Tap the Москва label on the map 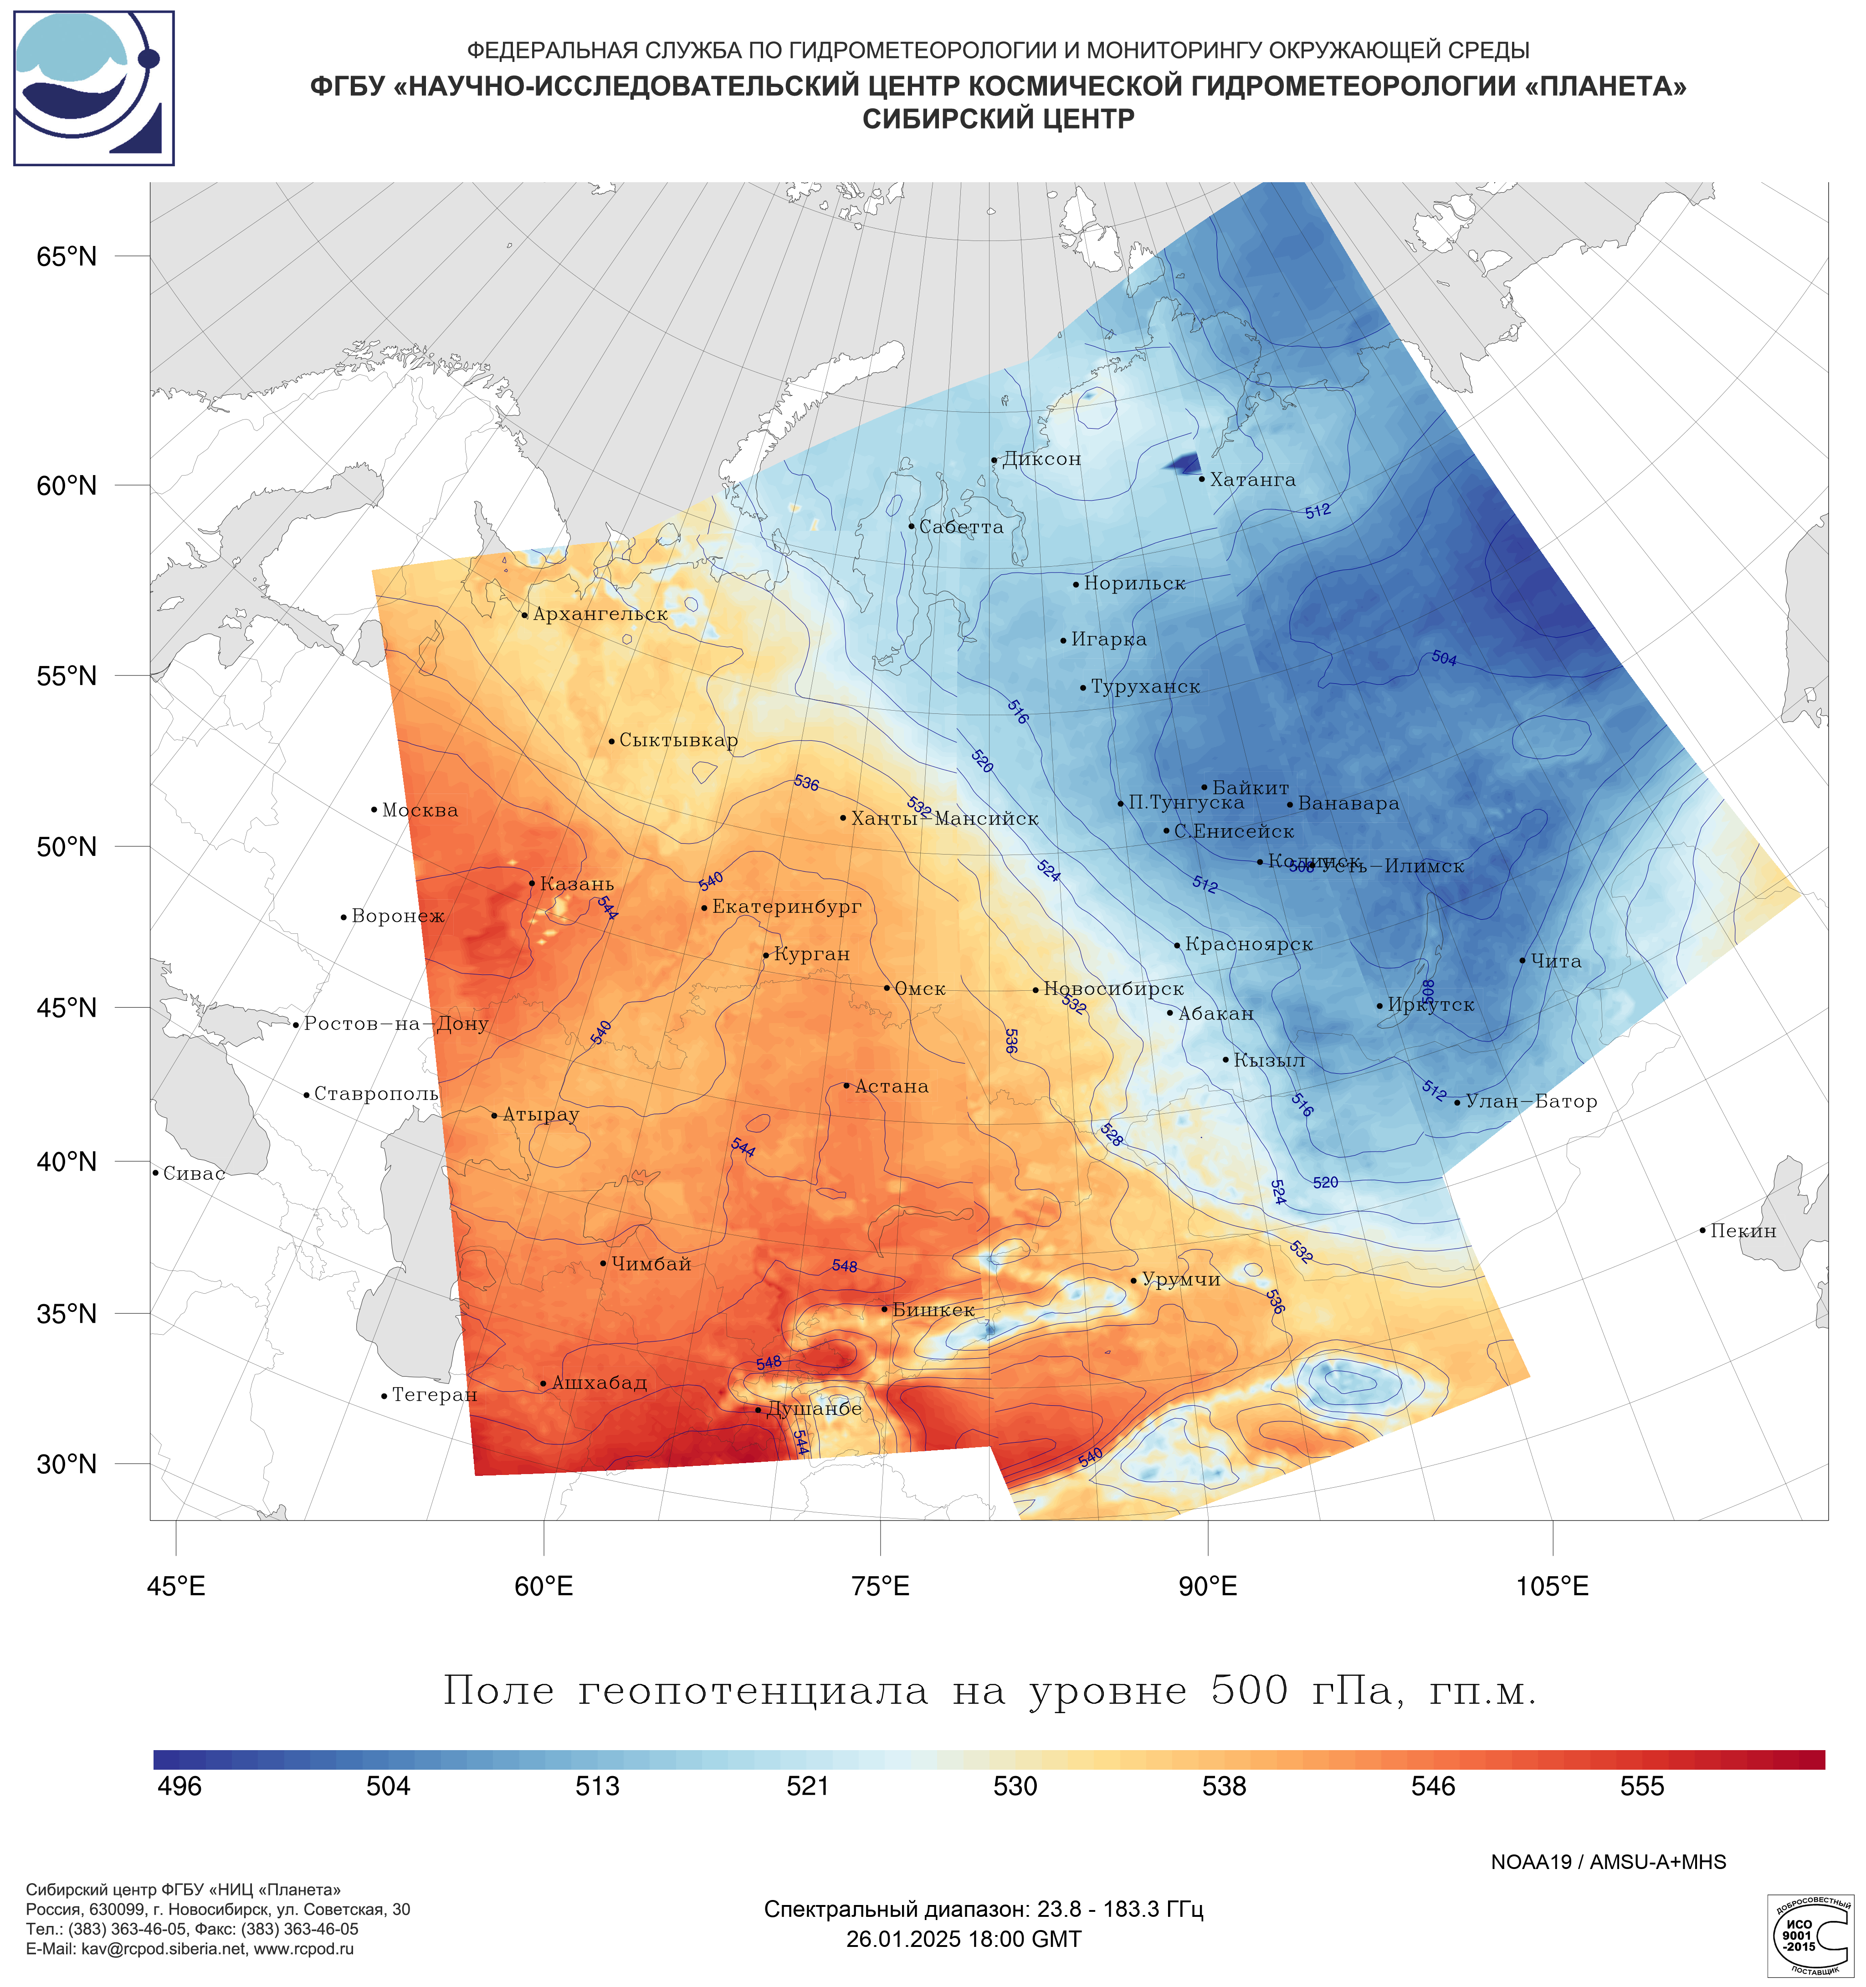tap(420, 810)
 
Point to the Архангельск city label tap(600, 615)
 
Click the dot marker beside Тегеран tap(384, 1396)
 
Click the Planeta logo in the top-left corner tap(94, 88)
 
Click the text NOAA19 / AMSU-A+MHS tap(1608, 1862)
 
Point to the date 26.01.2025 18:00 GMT tap(964, 1939)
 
